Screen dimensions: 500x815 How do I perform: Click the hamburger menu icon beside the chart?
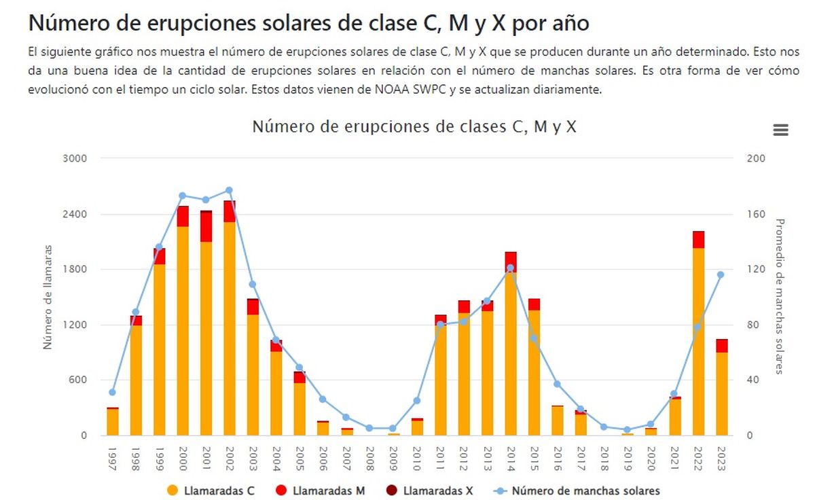780,130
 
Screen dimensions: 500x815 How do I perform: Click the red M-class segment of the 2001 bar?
206,227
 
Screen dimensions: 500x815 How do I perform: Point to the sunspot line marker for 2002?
229,190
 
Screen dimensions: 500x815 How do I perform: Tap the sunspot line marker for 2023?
721,274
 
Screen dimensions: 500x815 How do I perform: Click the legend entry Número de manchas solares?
577,490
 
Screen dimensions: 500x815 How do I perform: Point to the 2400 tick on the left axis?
75,214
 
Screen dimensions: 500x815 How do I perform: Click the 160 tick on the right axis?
756,214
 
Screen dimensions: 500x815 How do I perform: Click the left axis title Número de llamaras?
48,297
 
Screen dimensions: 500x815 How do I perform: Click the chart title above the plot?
414,126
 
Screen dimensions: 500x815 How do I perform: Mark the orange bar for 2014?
511,353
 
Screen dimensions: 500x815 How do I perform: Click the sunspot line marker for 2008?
369,428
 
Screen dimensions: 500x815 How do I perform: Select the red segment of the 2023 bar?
721,346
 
